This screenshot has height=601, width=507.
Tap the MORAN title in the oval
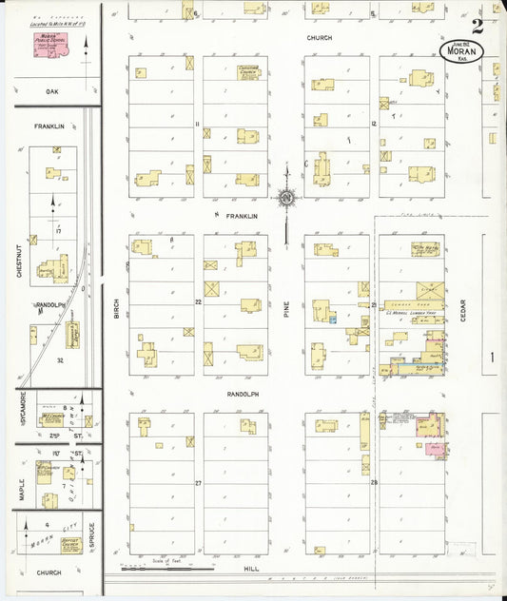[x=461, y=51]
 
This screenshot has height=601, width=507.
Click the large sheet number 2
[x=477, y=26]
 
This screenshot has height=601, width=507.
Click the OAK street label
[x=52, y=92]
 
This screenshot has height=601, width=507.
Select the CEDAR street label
[x=463, y=310]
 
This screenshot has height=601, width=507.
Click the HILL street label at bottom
[x=251, y=568]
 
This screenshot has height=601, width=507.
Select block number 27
[x=199, y=483]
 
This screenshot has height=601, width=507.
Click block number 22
[x=199, y=301]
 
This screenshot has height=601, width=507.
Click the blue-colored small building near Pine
[x=333, y=320]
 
